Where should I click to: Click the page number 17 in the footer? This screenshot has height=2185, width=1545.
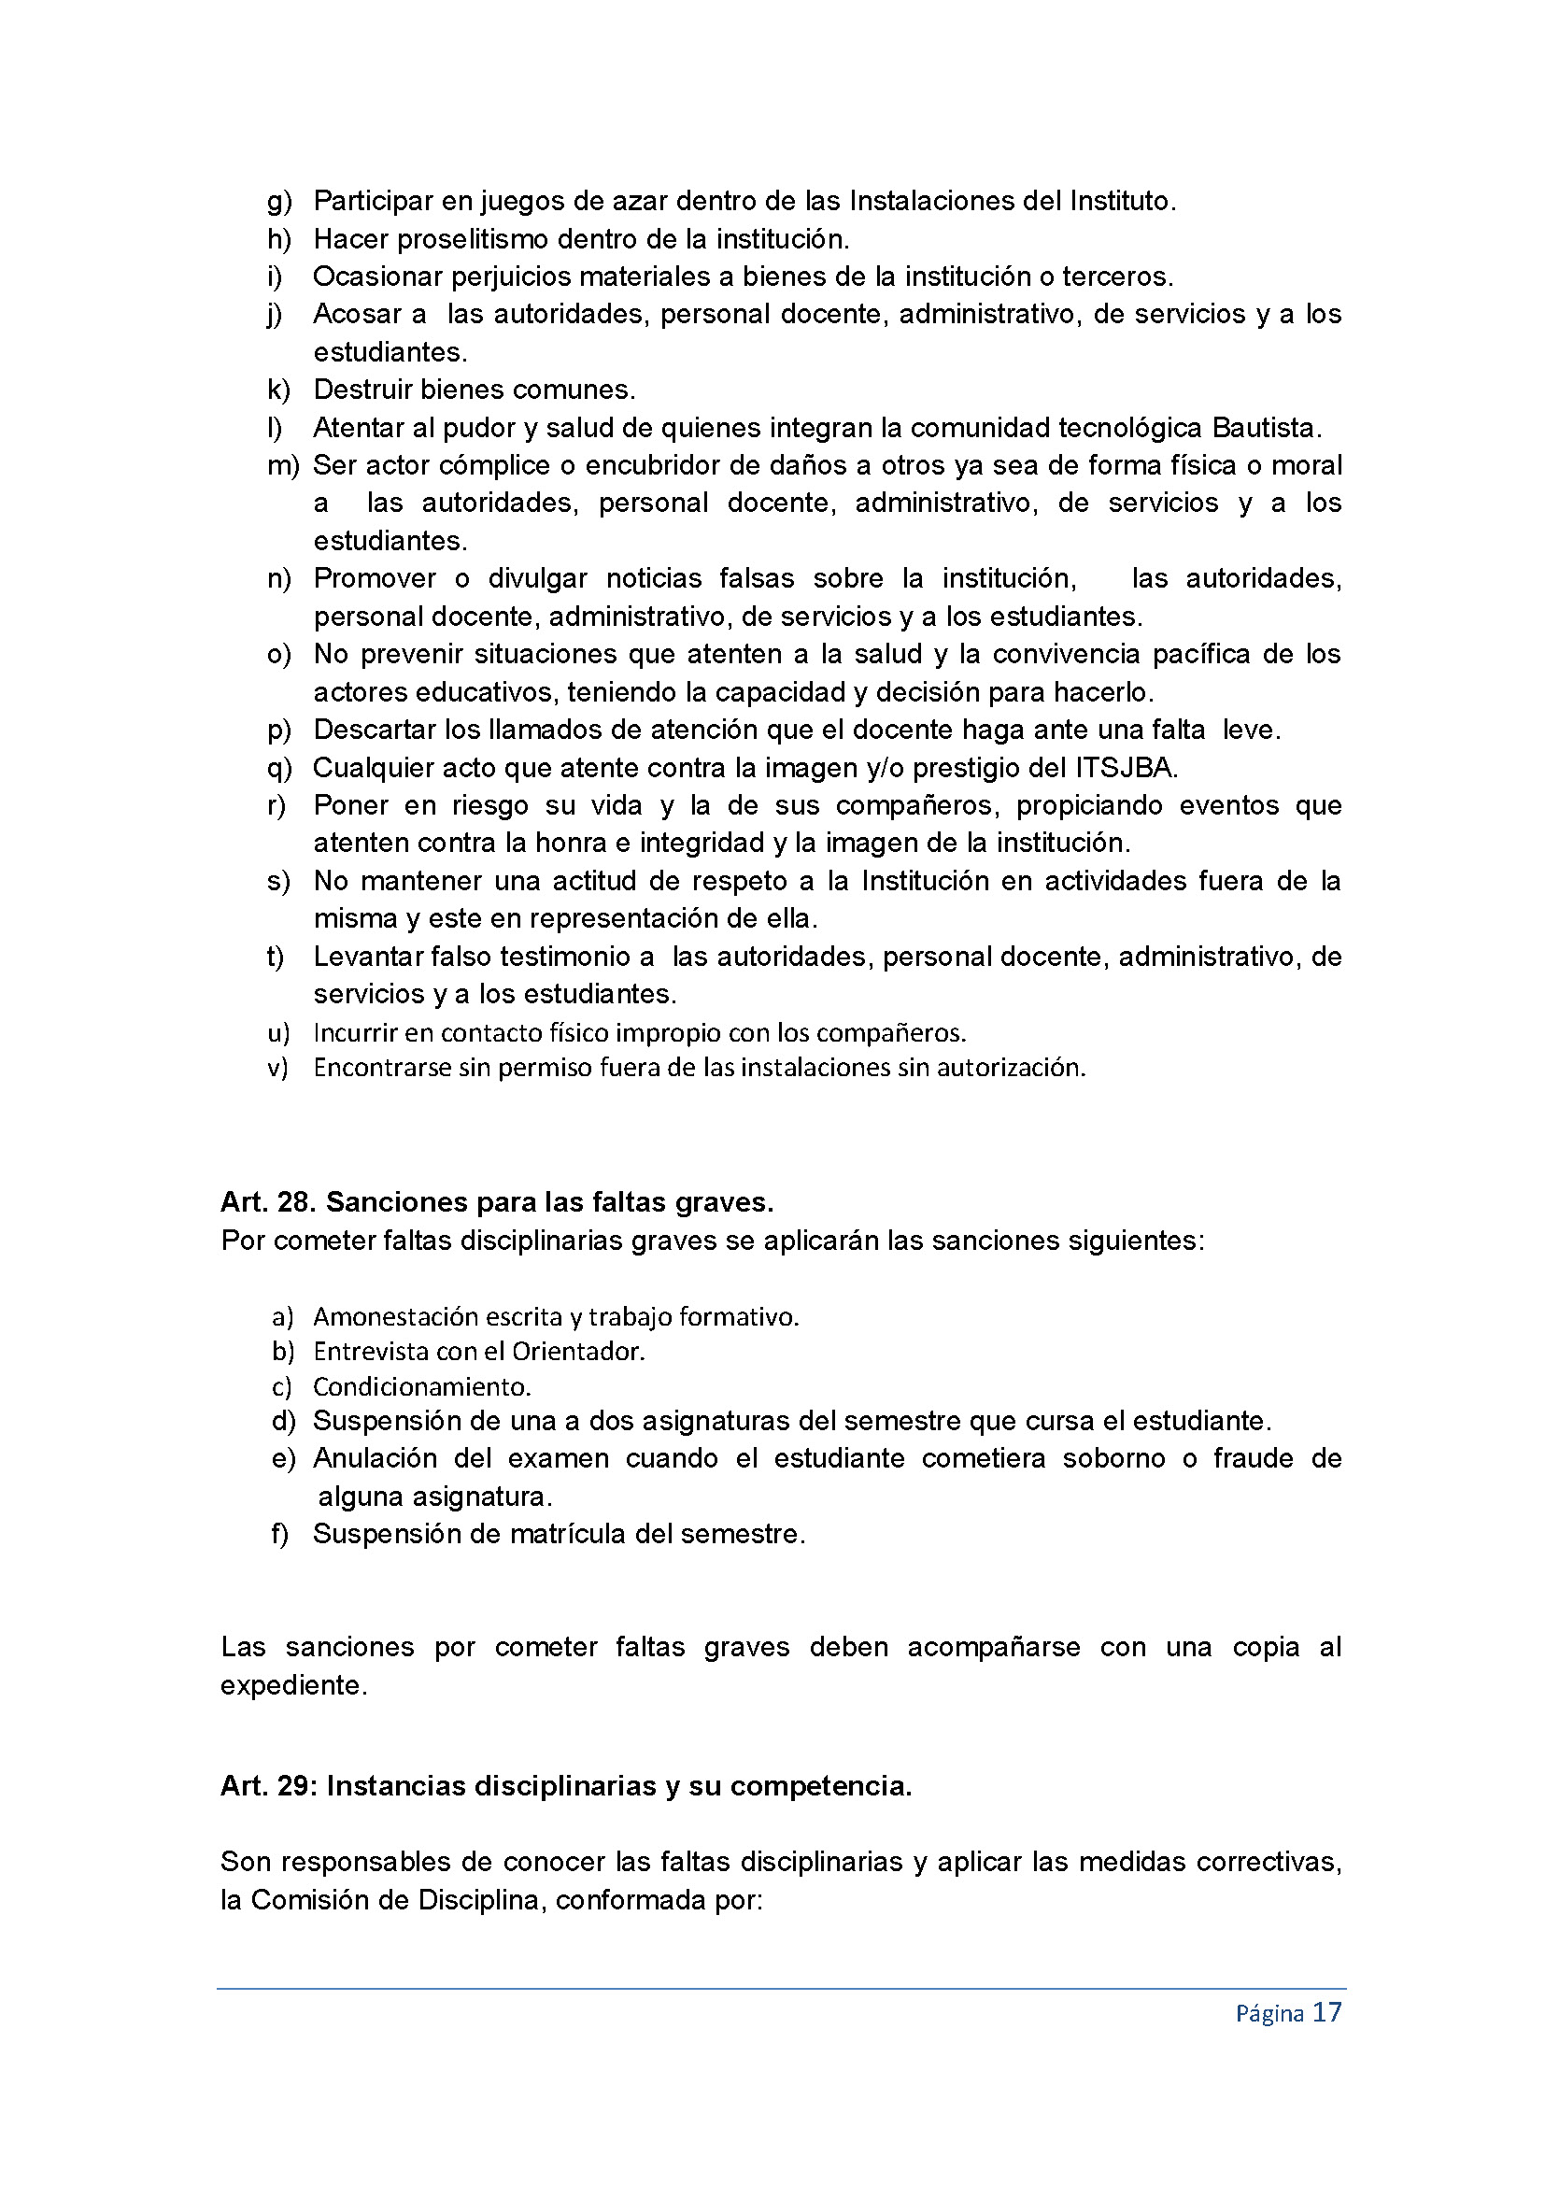[1327, 2013]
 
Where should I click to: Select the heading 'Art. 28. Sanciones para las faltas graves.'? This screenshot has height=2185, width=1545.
[497, 1203]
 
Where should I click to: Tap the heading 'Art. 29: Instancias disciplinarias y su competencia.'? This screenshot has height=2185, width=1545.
[566, 1786]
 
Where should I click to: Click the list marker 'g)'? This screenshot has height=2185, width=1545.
[278, 202]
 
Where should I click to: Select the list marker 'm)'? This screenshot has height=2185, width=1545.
[282, 465]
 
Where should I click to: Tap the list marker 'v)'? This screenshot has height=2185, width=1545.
[277, 1068]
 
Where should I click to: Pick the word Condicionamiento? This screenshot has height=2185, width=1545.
[421, 1386]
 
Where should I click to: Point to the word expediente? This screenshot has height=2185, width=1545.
[293, 1685]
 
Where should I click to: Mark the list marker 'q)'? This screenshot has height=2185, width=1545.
[278, 768]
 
